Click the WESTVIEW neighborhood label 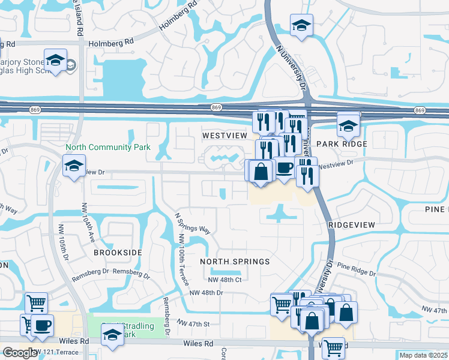pyautogui.click(x=224, y=136)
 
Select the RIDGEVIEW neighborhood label pyautogui.click(x=352, y=224)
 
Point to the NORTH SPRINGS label pyautogui.click(x=235, y=262)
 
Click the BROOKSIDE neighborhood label pyautogui.click(x=118, y=253)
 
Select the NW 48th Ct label pyautogui.click(x=224, y=280)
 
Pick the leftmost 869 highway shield pyautogui.click(x=34, y=109)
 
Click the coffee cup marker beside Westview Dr pyautogui.click(x=284, y=167)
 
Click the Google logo pyautogui.click(x=20, y=353)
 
